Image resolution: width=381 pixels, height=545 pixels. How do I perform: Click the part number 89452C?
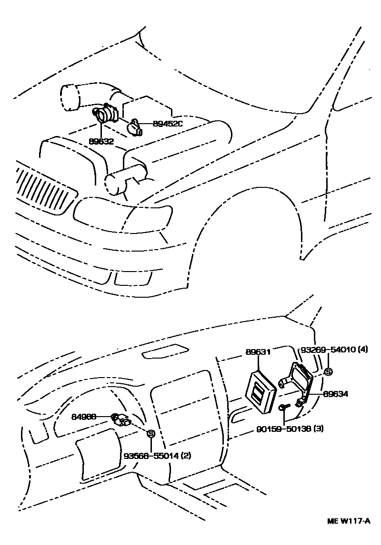tap(168, 124)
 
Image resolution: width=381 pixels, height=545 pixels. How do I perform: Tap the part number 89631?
tap(258, 352)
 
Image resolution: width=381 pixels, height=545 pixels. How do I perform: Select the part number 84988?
tap(84, 417)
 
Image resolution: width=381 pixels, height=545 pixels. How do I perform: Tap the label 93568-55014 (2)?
tap(158, 456)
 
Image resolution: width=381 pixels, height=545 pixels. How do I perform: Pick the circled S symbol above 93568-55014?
tap(151, 433)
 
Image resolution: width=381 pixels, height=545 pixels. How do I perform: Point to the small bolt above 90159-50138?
tap(284, 407)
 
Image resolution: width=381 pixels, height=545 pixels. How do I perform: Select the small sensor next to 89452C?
tap(134, 127)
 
